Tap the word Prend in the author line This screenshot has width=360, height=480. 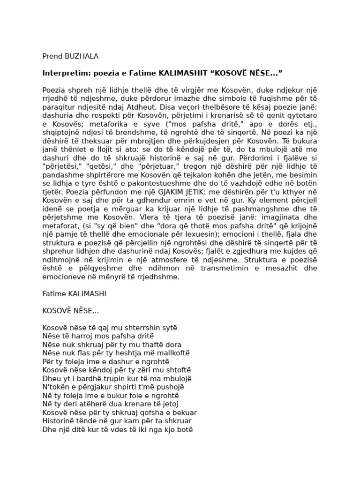(52, 57)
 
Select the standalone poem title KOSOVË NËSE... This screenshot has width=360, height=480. (70, 310)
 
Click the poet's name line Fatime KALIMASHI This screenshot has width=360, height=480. (74, 293)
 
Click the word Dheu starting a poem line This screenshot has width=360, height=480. (51, 378)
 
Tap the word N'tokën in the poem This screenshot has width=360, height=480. (54, 387)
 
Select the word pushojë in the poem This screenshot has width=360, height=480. (170, 387)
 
